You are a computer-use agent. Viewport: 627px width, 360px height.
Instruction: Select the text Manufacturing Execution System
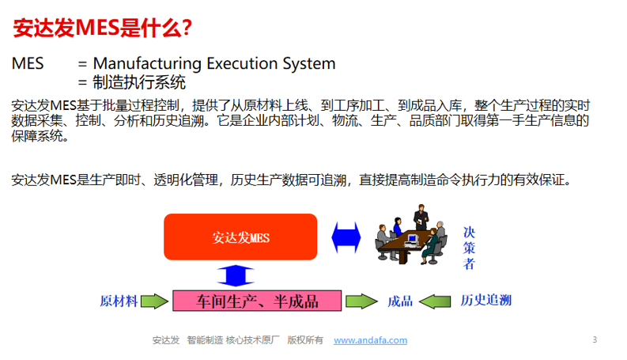click(x=214, y=63)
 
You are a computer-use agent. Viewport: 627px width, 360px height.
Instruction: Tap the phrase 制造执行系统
click(x=139, y=81)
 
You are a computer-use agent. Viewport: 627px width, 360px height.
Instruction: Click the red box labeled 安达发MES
click(x=240, y=237)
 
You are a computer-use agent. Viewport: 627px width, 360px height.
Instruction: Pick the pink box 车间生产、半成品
click(x=257, y=301)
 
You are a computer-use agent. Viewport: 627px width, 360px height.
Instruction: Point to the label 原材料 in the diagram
click(x=119, y=301)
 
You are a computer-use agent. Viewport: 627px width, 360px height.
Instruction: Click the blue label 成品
click(x=400, y=301)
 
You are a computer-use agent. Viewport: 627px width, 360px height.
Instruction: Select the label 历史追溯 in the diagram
click(x=486, y=301)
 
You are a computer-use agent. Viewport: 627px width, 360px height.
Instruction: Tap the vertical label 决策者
click(x=469, y=248)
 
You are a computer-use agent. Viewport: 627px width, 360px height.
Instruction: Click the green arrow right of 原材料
click(x=156, y=301)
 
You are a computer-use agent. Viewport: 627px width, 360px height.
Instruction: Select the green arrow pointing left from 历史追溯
click(x=437, y=301)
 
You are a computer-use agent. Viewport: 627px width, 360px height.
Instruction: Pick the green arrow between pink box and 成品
click(x=361, y=301)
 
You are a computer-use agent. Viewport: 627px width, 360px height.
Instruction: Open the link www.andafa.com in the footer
click(x=370, y=340)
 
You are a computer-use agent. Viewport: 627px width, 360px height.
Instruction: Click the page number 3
click(x=595, y=339)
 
